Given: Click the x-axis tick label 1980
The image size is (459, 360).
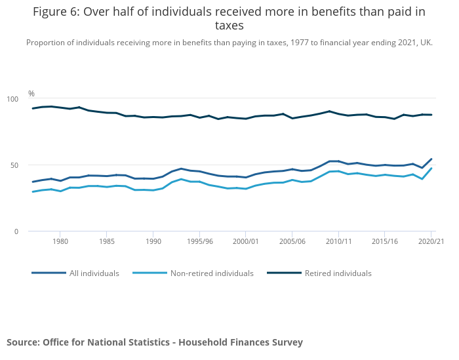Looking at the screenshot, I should click(60, 241).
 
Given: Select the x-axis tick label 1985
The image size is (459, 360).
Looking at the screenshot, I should click(107, 241).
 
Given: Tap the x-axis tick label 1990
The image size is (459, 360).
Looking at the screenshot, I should click(153, 241).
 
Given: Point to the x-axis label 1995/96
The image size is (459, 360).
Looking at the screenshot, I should click(199, 241).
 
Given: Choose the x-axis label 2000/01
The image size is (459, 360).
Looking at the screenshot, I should click(245, 241).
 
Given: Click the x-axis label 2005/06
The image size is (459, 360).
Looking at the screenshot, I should click(292, 241).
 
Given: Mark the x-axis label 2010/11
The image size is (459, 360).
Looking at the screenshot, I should click(338, 241).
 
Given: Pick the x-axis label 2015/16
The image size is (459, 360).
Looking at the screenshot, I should click(385, 241).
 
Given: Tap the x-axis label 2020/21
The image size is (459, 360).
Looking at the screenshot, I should click(431, 241).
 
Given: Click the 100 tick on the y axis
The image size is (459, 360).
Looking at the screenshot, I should click(13, 99).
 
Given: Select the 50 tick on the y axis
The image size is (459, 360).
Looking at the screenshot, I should click(15, 165).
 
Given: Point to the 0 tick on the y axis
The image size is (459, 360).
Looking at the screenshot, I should click(17, 231).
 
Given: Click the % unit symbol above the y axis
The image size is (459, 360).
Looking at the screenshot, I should click(31, 94).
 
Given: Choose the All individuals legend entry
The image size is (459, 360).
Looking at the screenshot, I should click(94, 273).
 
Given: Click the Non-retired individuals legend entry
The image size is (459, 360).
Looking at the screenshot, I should click(211, 273).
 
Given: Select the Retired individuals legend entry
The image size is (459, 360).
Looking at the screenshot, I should click(338, 273).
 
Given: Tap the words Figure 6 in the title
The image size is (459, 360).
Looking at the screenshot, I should click(61, 11).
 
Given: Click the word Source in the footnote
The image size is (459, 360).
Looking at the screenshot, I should click(22, 342).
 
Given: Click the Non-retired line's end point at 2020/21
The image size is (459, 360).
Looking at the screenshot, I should click(431, 169).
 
